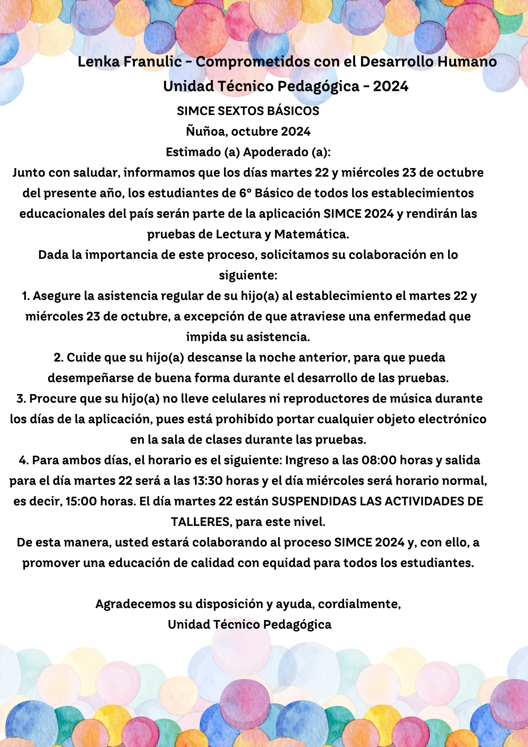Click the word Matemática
311,234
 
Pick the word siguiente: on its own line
248,275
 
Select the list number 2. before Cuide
58,357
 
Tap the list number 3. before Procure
21,399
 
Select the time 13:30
206,481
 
